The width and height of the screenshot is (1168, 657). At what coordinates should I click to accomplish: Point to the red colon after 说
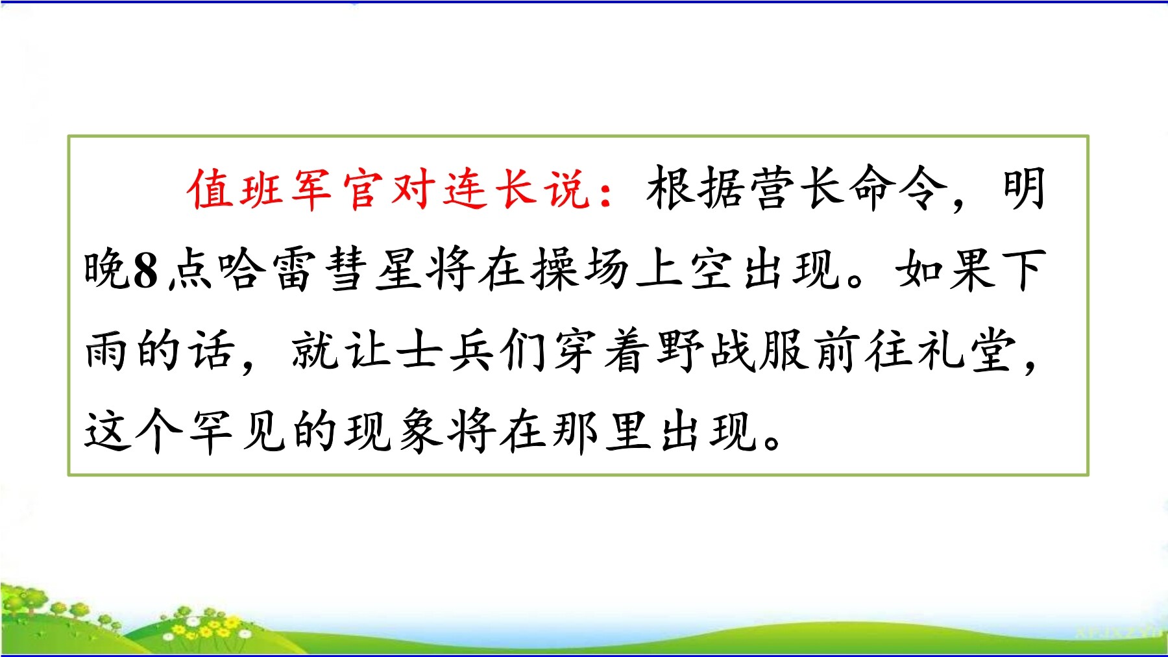pos(607,192)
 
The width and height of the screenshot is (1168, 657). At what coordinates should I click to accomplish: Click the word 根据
pos(696,189)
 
